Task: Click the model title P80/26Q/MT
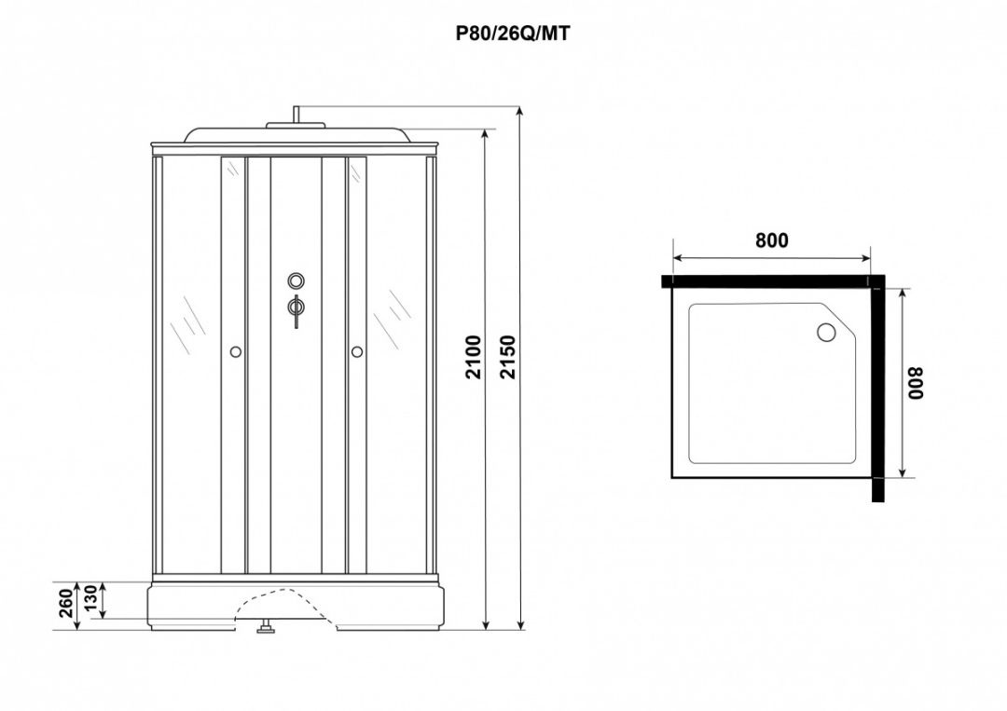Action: point(512,34)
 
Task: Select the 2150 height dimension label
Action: point(508,356)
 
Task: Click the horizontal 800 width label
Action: point(771,240)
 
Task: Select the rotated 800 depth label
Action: point(916,382)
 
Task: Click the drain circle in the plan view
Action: point(825,332)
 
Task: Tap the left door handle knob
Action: point(234,351)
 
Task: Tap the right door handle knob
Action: point(356,351)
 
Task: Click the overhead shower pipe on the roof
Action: point(296,116)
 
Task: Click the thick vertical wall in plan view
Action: point(877,391)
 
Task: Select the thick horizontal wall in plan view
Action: point(769,280)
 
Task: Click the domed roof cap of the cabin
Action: point(295,133)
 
